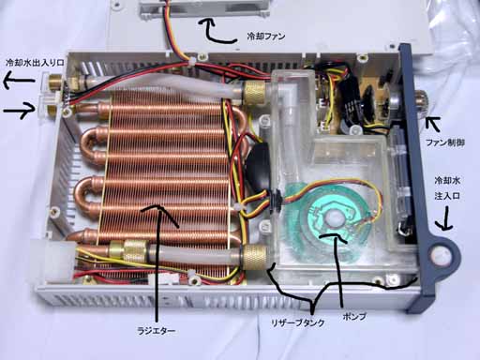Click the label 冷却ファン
click(266, 36)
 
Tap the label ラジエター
click(157, 330)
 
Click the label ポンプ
click(353, 316)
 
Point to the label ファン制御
click(445, 143)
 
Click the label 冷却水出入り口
click(35, 63)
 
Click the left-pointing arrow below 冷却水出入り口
click(19, 82)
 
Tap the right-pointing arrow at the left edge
click(20, 111)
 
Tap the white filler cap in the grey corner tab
click(442, 254)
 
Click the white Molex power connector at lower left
click(59, 260)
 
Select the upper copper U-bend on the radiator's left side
click(90, 142)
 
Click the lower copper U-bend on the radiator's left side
click(85, 192)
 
